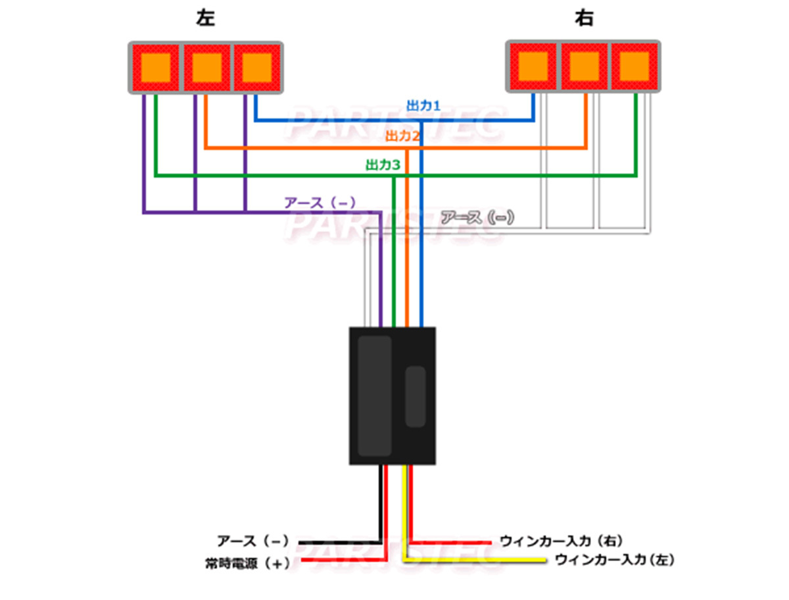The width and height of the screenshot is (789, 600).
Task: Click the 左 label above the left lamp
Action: coord(206,20)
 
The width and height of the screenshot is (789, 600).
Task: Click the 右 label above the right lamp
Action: coord(583,20)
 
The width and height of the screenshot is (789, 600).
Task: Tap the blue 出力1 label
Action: coord(422,105)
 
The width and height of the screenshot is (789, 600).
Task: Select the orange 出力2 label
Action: coord(402,136)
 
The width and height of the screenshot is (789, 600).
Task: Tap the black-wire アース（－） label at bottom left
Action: coord(253,541)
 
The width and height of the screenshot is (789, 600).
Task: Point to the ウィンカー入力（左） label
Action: coord(615,561)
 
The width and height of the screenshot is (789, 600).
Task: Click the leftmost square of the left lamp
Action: coord(156,66)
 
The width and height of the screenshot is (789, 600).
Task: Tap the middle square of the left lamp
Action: coord(206,66)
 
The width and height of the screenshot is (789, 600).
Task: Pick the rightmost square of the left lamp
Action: coord(257,66)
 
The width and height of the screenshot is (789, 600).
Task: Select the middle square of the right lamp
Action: coord(583,65)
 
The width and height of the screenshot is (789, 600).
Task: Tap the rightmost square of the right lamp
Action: coord(634,65)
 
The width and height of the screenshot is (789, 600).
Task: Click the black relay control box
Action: coord(392,395)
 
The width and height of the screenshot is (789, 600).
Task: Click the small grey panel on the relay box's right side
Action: coord(415,396)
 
